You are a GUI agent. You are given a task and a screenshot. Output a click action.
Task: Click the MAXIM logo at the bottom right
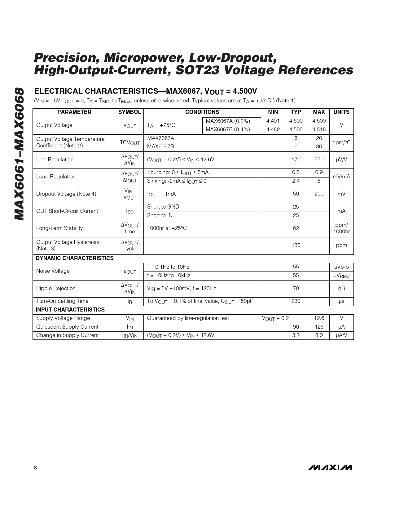coord(330,467)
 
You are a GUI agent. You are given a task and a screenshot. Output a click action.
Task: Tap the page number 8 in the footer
coord(35,468)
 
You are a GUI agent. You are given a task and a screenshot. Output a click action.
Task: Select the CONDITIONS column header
coord(202,112)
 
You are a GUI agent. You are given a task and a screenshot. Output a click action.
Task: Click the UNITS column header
coord(341,112)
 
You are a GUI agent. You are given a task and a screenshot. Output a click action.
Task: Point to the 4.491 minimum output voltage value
coord(273,121)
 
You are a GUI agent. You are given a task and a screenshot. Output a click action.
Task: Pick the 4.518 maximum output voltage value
coord(319,129)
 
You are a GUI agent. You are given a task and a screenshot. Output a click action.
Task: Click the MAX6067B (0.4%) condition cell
coord(228,129)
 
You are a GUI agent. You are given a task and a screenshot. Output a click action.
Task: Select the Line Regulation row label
coord(55,159)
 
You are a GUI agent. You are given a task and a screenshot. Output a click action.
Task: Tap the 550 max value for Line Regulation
coord(319,159)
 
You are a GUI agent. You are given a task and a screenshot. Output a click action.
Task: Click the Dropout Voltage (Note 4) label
coord(66,194)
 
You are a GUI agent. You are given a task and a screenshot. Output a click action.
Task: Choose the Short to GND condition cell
coord(163,207)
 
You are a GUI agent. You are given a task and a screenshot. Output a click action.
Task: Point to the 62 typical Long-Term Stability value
coord(296,228)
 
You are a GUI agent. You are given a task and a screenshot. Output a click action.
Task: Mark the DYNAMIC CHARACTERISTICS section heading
coord(75,258)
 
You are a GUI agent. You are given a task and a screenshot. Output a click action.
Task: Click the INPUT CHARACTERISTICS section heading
coord(70,310)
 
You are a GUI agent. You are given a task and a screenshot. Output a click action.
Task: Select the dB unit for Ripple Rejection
coord(341,288)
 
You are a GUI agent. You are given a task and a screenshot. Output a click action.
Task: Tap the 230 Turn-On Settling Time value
coord(296,301)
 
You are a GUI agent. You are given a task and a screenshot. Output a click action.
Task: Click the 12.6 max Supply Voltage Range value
coord(319,318)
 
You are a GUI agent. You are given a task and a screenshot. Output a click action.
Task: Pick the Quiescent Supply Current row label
coord(67,327)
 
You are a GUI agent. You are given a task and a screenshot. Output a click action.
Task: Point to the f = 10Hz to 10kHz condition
coord(169,275)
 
